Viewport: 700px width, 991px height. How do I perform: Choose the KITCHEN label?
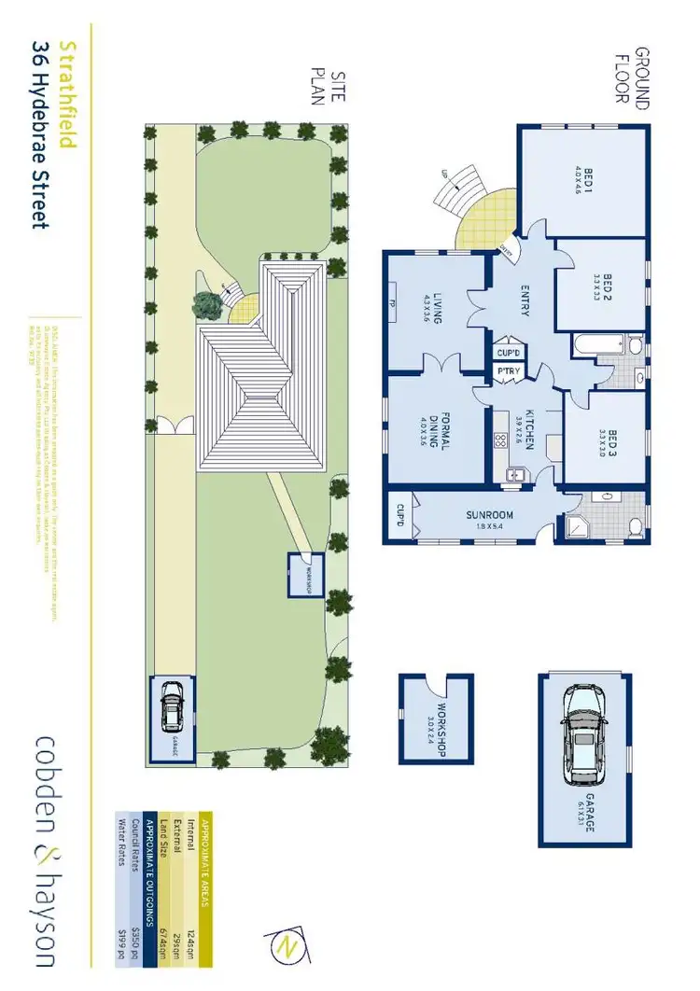coord(527,429)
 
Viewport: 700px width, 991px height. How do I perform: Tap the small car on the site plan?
coord(173,708)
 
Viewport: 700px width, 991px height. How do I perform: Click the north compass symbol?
coord(284,947)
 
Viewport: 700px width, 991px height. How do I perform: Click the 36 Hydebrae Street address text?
coord(40,134)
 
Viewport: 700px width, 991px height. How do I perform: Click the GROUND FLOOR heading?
coord(643,78)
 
